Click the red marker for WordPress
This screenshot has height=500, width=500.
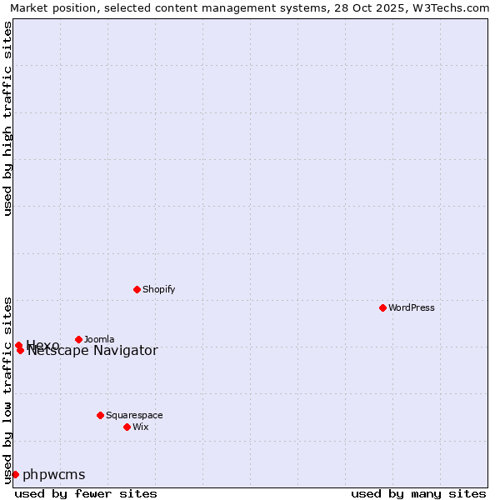point(382,307)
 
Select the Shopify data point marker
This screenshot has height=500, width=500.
point(137,289)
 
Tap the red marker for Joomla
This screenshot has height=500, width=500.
point(78,339)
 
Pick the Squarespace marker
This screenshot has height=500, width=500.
point(100,415)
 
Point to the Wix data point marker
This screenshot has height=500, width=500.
point(127,427)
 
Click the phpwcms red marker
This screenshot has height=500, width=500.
point(15,474)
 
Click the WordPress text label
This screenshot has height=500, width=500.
point(412,307)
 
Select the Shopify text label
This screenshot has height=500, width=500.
point(158,289)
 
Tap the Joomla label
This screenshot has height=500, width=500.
point(99,339)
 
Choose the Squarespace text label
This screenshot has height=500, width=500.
point(134,415)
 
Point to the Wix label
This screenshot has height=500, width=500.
point(141,427)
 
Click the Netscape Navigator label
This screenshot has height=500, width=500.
point(92,351)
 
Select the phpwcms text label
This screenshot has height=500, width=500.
point(54,475)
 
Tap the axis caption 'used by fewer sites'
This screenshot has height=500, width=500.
point(86,493)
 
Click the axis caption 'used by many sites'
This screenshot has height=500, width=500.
point(418,493)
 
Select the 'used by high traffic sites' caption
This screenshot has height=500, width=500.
point(7,119)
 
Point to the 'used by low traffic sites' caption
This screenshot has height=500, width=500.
point(7,390)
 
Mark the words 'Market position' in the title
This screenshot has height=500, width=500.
point(48,7)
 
